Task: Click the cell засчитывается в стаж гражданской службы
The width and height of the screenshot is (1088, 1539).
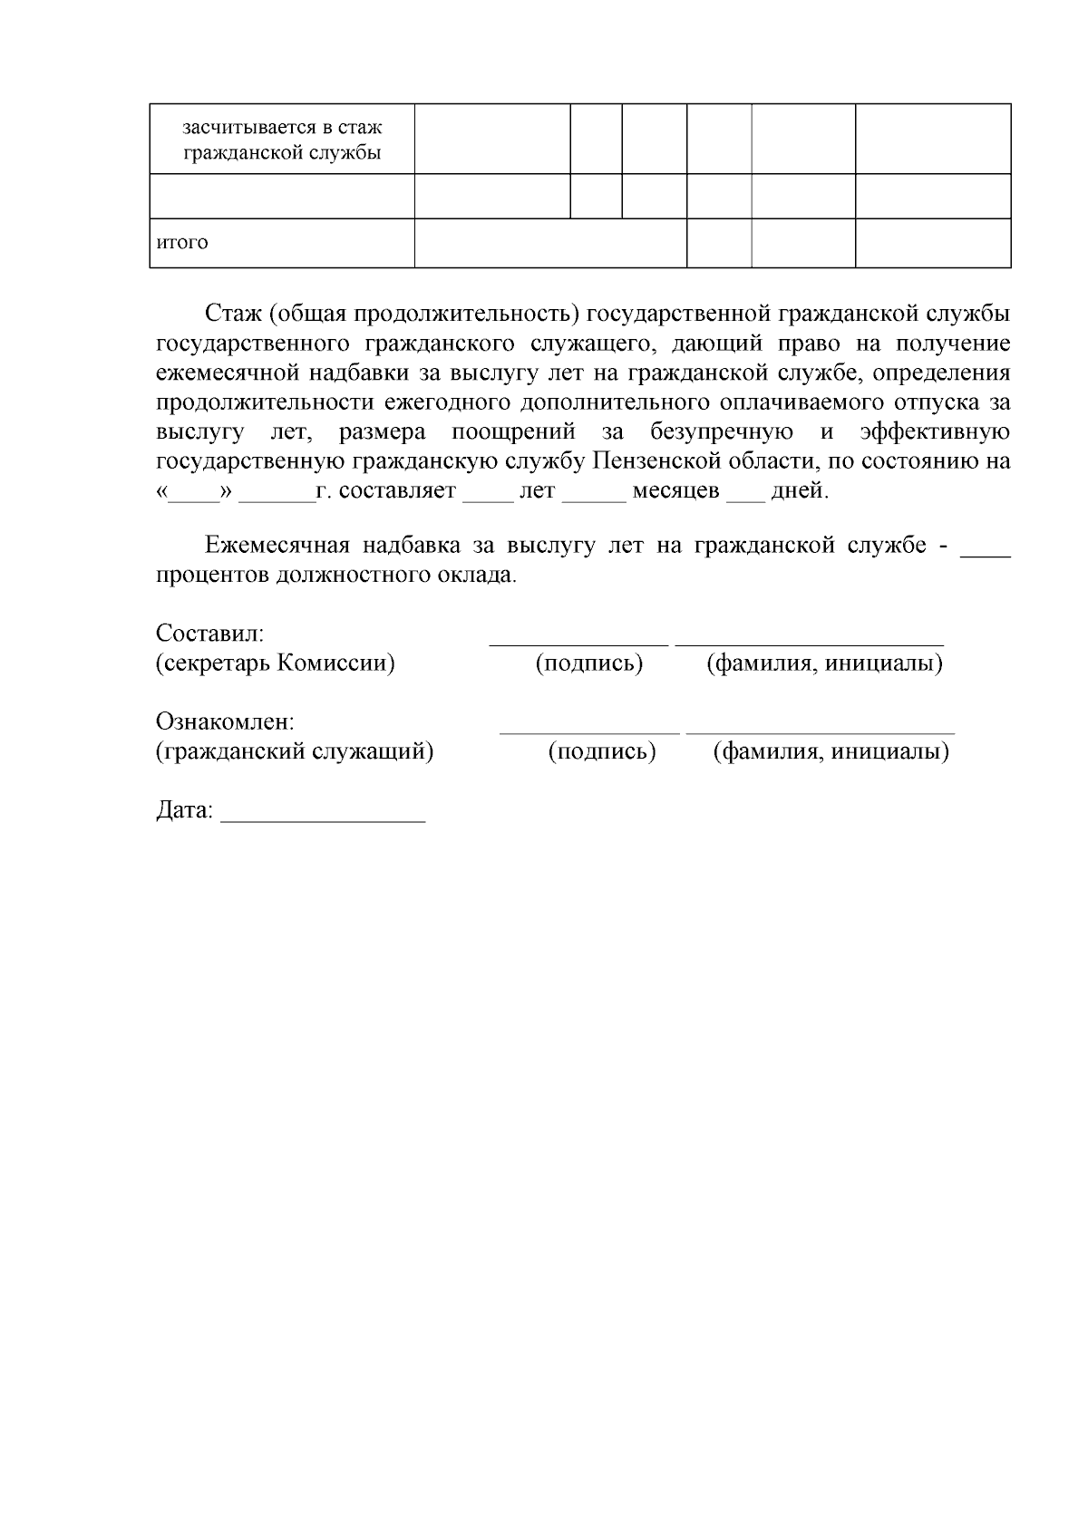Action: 282,139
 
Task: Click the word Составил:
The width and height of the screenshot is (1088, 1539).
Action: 209,634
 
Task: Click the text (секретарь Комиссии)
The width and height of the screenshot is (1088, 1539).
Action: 276,663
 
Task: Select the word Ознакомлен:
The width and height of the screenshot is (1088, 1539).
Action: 225,722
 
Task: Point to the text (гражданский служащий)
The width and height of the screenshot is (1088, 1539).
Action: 294,751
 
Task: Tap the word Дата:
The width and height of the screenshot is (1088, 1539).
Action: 184,810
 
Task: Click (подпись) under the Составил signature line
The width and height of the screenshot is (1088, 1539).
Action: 589,663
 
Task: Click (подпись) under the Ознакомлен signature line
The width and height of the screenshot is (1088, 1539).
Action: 602,751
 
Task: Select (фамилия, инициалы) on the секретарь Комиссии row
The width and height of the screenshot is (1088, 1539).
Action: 824,663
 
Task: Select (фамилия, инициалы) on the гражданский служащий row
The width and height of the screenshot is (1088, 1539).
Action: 831,751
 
